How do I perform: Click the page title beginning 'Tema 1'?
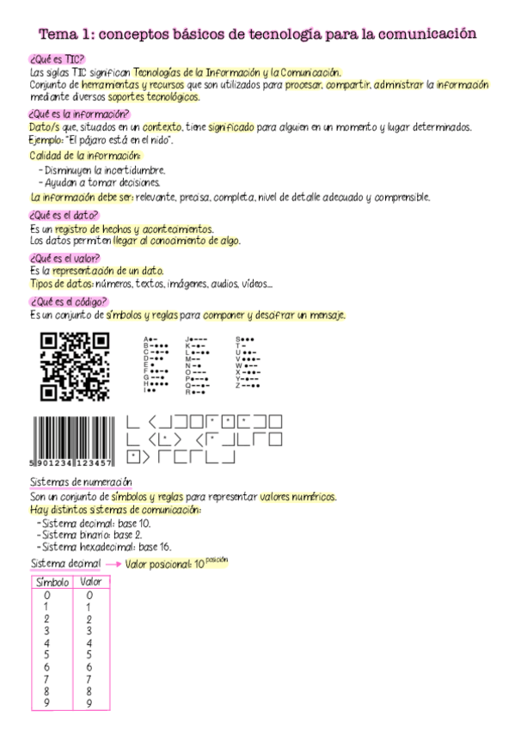[257, 34]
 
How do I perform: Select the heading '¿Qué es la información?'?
[79, 113]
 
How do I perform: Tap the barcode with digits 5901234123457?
[76, 441]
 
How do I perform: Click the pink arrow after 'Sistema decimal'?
[113, 565]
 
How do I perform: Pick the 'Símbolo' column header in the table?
[52, 583]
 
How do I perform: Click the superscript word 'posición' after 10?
[218, 560]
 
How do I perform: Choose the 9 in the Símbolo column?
[47, 703]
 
